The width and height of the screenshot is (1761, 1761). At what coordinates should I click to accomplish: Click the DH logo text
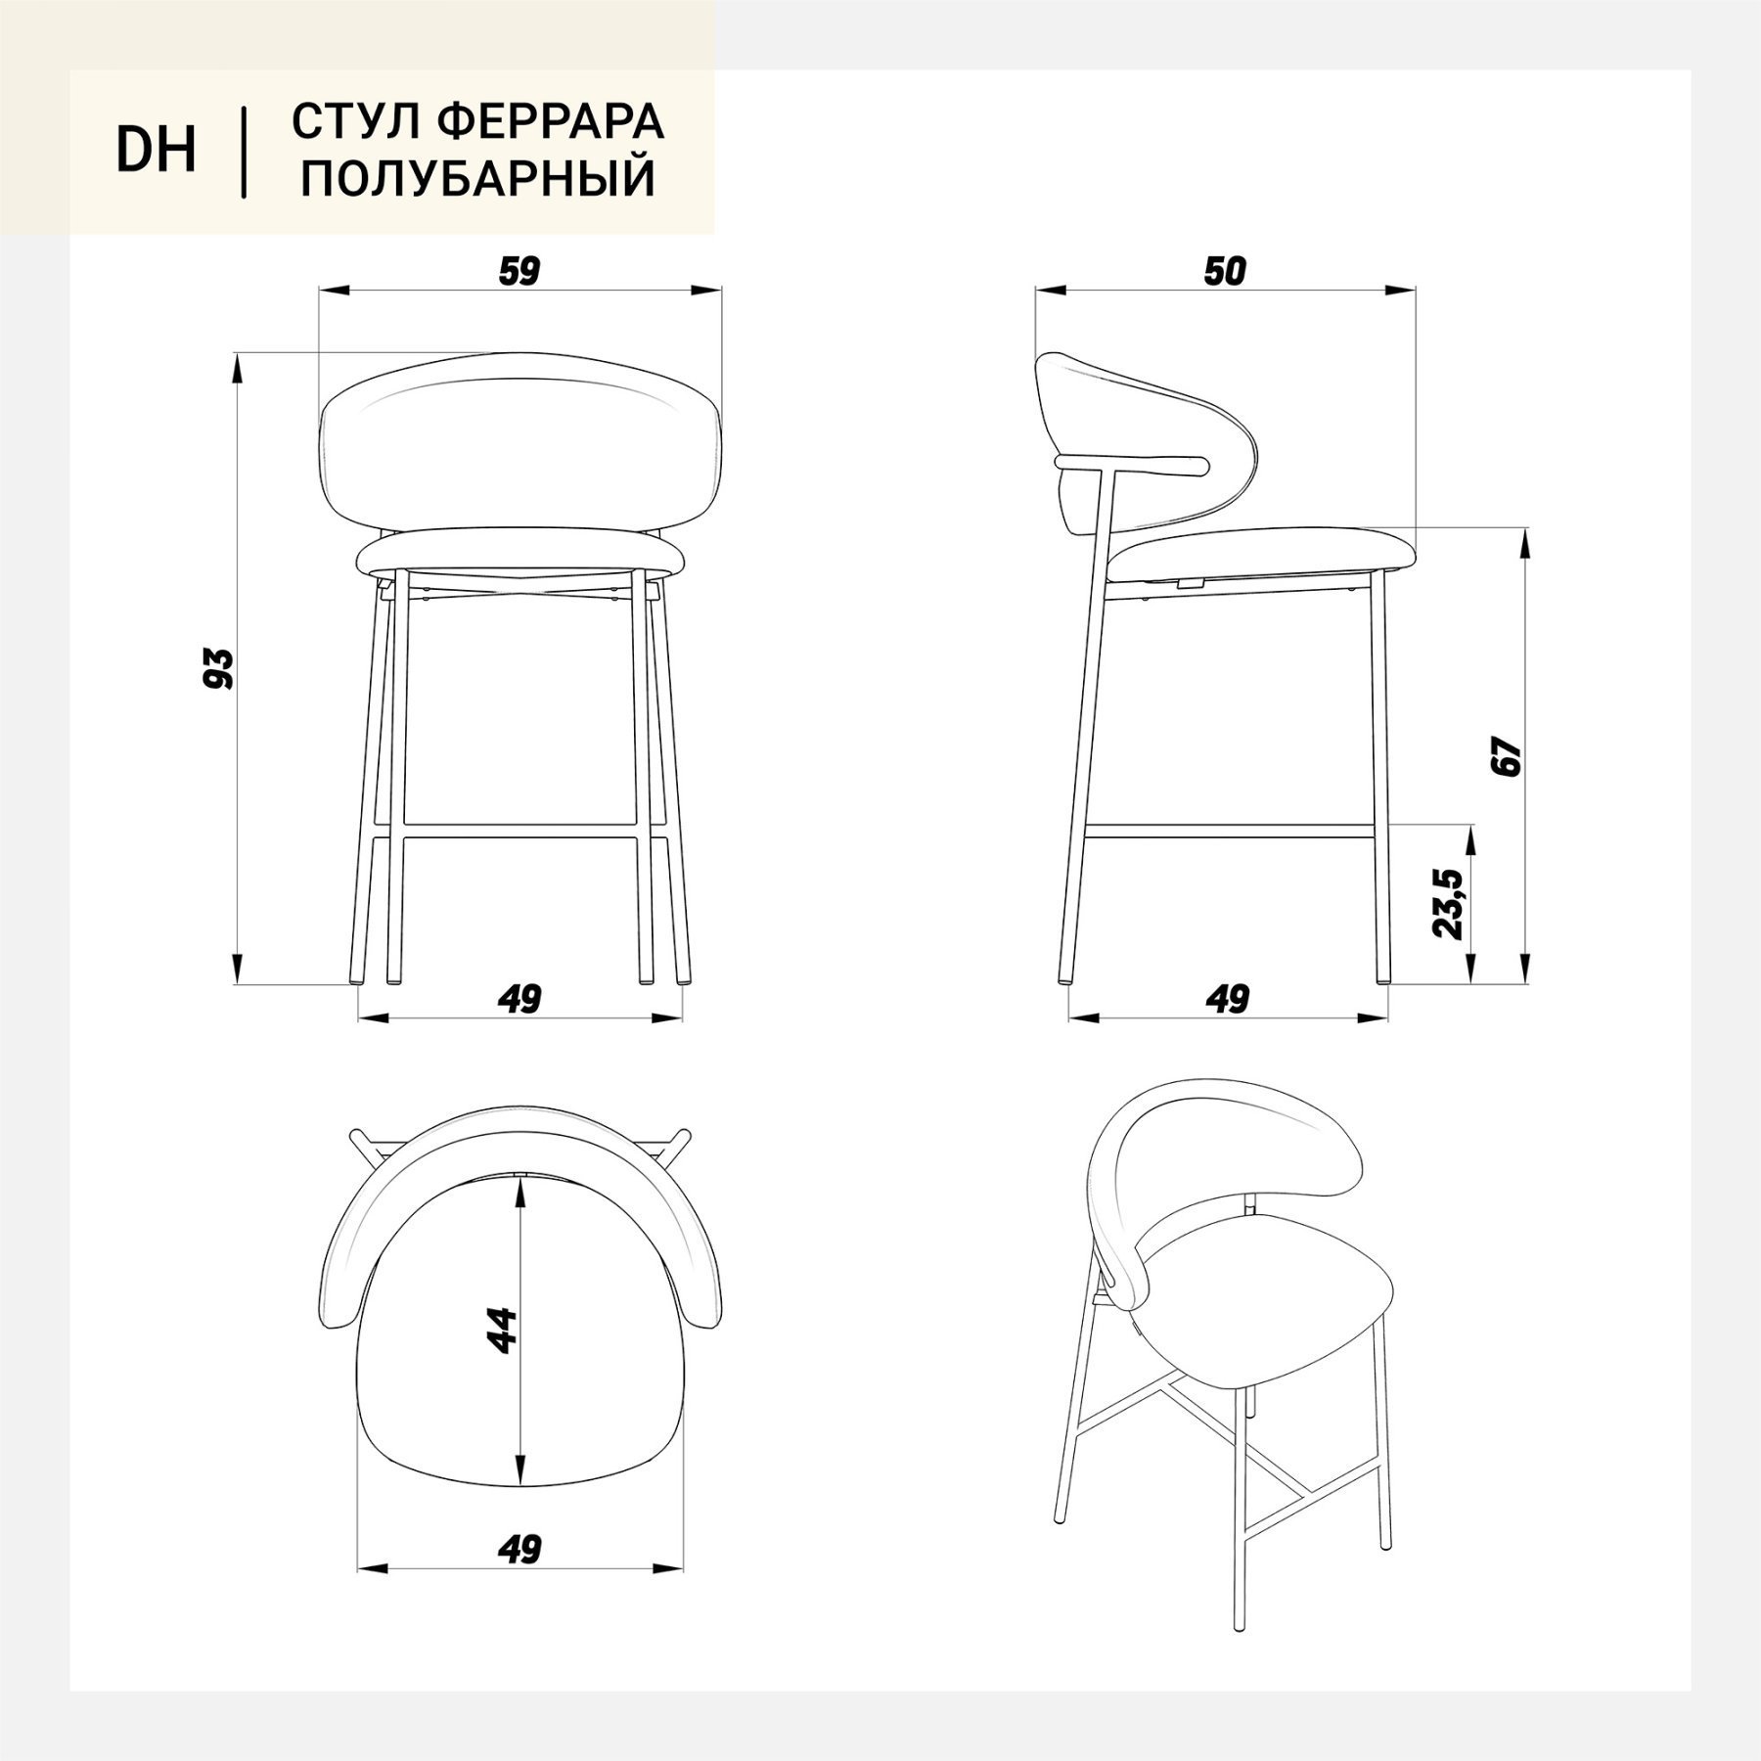pyautogui.click(x=157, y=151)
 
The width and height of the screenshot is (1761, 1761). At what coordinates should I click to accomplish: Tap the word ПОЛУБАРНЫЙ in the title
pyautogui.click(x=478, y=178)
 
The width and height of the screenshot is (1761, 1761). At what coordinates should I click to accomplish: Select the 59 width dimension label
pyautogui.click(x=519, y=271)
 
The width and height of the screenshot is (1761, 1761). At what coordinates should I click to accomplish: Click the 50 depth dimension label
pyautogui.click(x=1225, y=271)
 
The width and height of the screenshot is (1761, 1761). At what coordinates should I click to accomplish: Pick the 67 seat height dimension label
pyautogui.click(x=1510, y=754)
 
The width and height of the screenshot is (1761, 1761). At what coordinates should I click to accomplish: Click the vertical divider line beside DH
pyautogui.click(x=244, y=153)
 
